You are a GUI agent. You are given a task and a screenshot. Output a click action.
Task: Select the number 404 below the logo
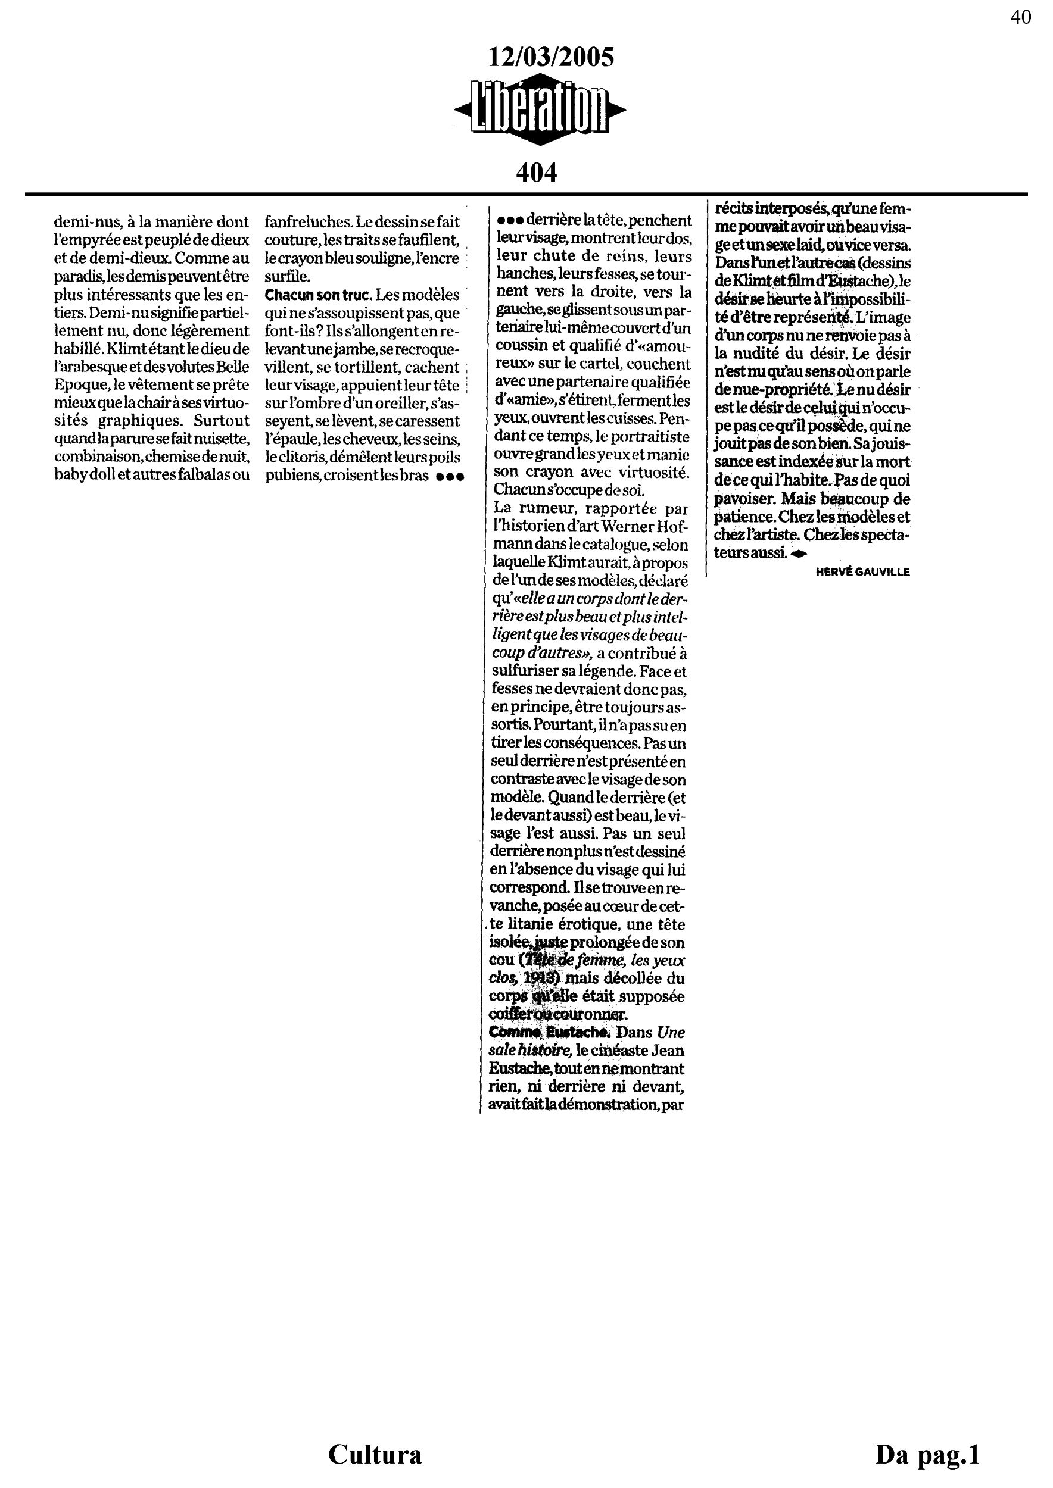536,173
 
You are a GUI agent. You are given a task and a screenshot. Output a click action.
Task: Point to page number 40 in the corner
1021,17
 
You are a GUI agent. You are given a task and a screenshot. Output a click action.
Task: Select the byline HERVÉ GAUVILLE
863,572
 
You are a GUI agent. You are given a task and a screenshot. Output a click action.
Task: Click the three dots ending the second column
450,476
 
